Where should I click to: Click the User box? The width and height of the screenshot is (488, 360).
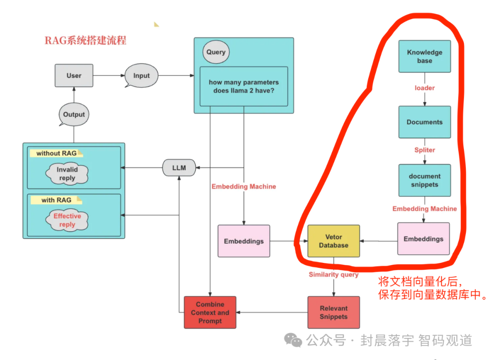pos(74,75)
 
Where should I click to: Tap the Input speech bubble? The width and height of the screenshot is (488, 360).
pos(141,76)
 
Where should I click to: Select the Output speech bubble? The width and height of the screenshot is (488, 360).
pos(74,114)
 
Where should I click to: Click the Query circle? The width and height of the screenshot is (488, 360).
pos(216,52)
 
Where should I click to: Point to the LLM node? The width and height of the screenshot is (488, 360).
pos(179,168)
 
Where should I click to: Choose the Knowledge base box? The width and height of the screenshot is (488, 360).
pos(424,56)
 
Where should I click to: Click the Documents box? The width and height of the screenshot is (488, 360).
pos(424,122)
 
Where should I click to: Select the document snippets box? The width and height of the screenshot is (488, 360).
pos(424,180)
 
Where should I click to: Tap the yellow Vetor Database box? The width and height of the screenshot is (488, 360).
pos(333,241)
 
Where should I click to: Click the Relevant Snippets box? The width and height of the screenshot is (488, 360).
pos(333,312)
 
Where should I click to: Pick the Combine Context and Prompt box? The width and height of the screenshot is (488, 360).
pos(210,313)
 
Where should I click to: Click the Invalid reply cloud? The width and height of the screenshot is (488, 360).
pos(67,174)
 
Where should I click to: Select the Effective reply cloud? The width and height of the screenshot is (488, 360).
pos(67,220)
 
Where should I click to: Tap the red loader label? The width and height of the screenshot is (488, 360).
pos(424,88)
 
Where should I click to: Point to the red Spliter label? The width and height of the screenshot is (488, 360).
pos(424,150)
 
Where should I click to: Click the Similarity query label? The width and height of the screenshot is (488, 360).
pos(333,275)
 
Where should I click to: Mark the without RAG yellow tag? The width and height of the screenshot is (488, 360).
pos(56,153)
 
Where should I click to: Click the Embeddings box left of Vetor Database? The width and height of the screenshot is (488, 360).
pos(244,241)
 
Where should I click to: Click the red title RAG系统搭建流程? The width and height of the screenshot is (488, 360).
pos(85,40)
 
